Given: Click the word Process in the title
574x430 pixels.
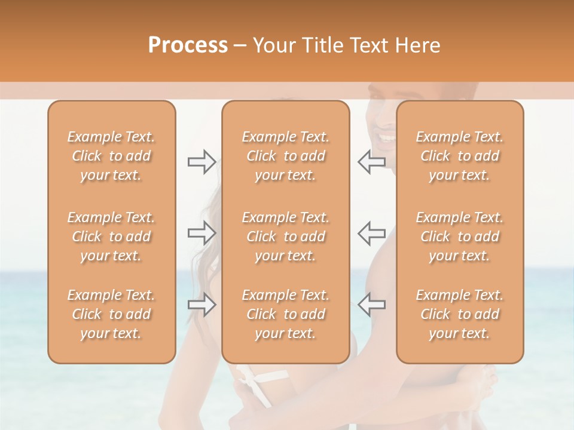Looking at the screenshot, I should [x=188, y=45].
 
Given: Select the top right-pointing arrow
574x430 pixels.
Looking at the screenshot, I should [x=201, y=162].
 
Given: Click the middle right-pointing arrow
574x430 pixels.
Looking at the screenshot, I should [x=201, y=233].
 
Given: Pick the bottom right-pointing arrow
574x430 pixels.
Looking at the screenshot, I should [x=201, y=305].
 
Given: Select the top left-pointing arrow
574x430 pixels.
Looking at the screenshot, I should [x=371, y=162].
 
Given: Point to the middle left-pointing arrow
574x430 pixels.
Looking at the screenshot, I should [x=371, y=233].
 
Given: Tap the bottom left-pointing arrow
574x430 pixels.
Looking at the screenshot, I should [x=371, y=305].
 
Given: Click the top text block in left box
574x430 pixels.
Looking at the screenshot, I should [x=111, y=156].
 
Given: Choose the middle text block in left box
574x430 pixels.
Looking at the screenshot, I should [x=111, y=236].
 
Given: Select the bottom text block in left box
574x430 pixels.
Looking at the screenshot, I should [x=111, y=314].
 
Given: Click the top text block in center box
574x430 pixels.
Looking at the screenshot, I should [x=286, y=156].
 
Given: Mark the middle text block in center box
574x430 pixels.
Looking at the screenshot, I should [x=286, y=236].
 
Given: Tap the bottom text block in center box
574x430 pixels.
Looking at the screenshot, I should [x=286, y=314].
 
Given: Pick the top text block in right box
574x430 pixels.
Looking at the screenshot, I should [x=460, y=156].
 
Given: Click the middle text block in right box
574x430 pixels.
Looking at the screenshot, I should [x=460, y=236].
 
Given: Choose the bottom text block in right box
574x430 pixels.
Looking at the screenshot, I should [x=460, y=314].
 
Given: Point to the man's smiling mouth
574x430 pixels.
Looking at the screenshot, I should [x=386, y=139].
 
